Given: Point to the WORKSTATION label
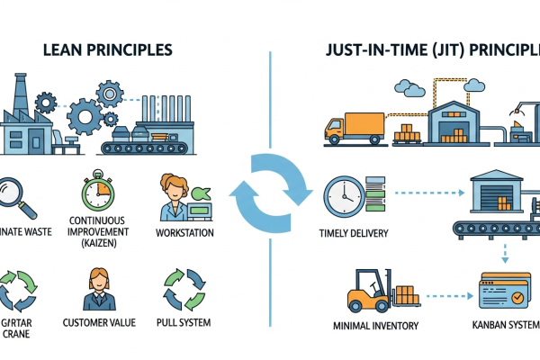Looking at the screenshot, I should [185, 233].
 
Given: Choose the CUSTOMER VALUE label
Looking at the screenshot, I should [100, 321].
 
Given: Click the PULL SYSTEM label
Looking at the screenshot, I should [184, 321].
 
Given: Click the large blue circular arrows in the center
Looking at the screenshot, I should [269, 193].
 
